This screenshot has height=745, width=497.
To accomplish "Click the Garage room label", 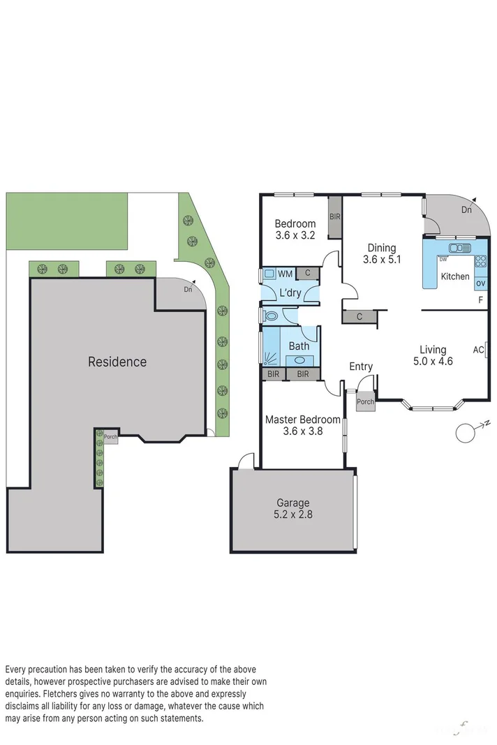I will click(293, 503).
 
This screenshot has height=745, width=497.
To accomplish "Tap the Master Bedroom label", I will click(303, 420).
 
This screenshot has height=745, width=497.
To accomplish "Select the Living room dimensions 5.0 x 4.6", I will click(432, 361).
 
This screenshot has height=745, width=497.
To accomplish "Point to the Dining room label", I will click(382, 248).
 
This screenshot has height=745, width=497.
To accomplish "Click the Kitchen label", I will click(455, 276).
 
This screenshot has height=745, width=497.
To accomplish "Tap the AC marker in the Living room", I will click(479, 349).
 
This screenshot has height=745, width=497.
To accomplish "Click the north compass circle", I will click(465, 433).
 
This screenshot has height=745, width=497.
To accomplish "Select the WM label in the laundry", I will click(285, 274).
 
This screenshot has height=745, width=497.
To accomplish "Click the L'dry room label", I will click(290, 293).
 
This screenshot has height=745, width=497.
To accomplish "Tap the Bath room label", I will click(299, 346).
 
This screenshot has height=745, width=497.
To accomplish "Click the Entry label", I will click(361, 367).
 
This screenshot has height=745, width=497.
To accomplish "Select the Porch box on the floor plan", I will click(365, 402).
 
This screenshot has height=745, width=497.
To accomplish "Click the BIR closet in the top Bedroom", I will click(335, 217).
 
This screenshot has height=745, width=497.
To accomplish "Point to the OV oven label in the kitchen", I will click(480, 283).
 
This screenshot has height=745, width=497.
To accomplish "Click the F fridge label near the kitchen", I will click(480, 301).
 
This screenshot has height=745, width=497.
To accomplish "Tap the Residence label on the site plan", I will click(117, 362).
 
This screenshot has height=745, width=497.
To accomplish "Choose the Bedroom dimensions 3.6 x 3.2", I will click(295, 235).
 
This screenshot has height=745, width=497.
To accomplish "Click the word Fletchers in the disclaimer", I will click(64, 694).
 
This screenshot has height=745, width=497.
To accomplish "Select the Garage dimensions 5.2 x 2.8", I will click(293, 515).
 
